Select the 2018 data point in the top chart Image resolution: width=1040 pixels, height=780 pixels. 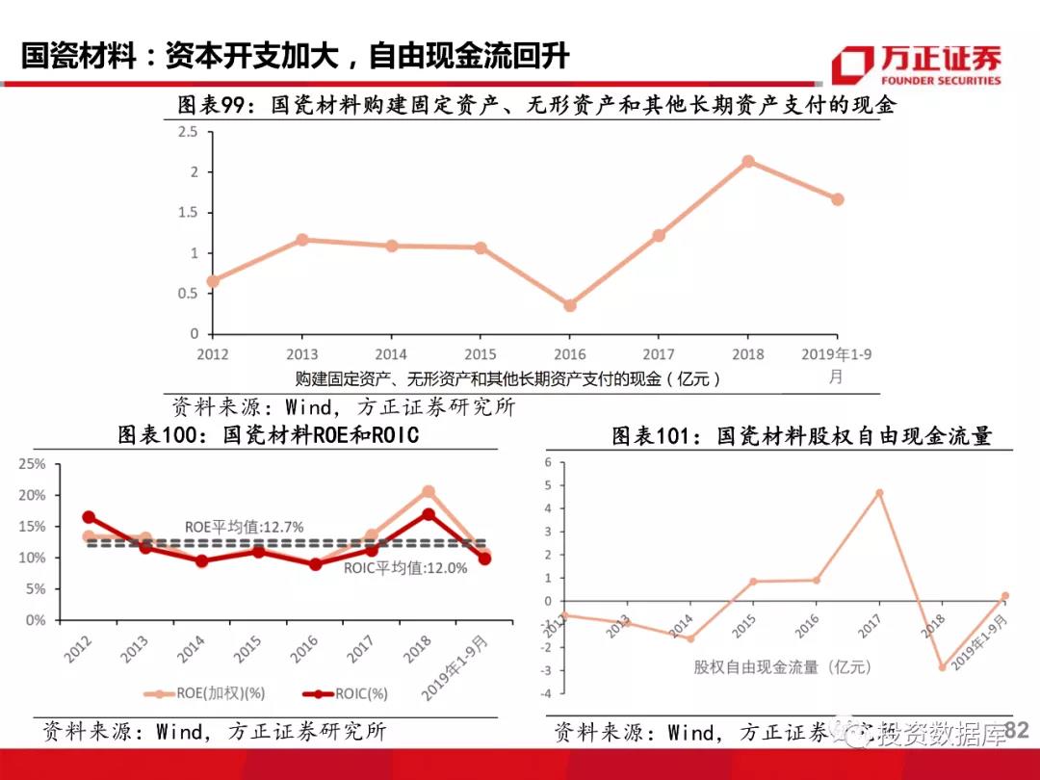pos(747,162)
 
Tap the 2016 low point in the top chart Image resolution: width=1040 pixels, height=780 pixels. pos(569,305)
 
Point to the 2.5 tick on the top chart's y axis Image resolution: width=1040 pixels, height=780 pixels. pos(189,132)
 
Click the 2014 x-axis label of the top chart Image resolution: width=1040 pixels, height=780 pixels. pos(390,353)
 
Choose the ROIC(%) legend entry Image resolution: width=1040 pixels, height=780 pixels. pos(346,692)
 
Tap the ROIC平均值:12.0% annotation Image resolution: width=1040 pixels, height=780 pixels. pos(405,568)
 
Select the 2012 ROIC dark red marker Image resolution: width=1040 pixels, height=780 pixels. pos(90,517)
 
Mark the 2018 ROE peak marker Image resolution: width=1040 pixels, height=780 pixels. pos(429,492)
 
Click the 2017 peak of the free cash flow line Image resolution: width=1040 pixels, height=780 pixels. pos(879,493)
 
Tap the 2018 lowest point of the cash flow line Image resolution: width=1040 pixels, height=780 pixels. pos(943,666)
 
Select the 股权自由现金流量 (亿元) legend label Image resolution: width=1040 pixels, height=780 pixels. pos(781,666)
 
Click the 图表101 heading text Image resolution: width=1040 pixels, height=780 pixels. pos(801,436)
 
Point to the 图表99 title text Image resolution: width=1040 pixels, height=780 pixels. pos(535,104)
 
